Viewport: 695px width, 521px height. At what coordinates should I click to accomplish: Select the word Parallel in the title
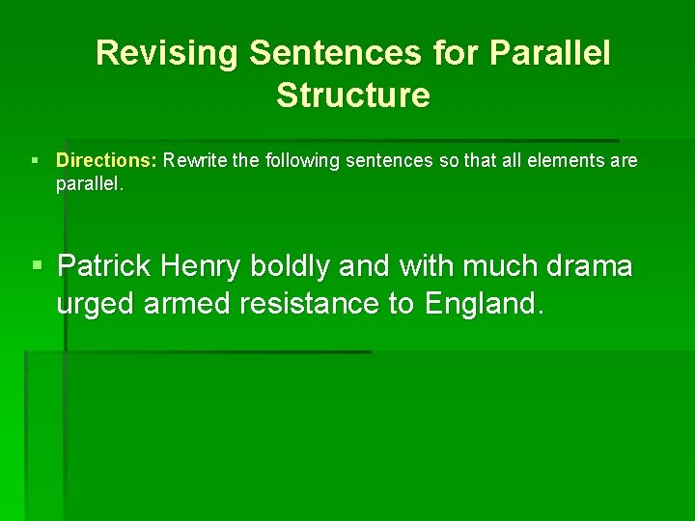click(550, 53)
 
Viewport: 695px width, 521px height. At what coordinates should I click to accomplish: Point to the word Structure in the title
click(352, 96)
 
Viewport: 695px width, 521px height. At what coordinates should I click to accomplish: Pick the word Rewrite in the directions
click(196, 160)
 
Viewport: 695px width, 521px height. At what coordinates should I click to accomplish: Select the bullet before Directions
click(35, 161)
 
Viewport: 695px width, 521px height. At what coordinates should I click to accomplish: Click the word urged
click(96, 304)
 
